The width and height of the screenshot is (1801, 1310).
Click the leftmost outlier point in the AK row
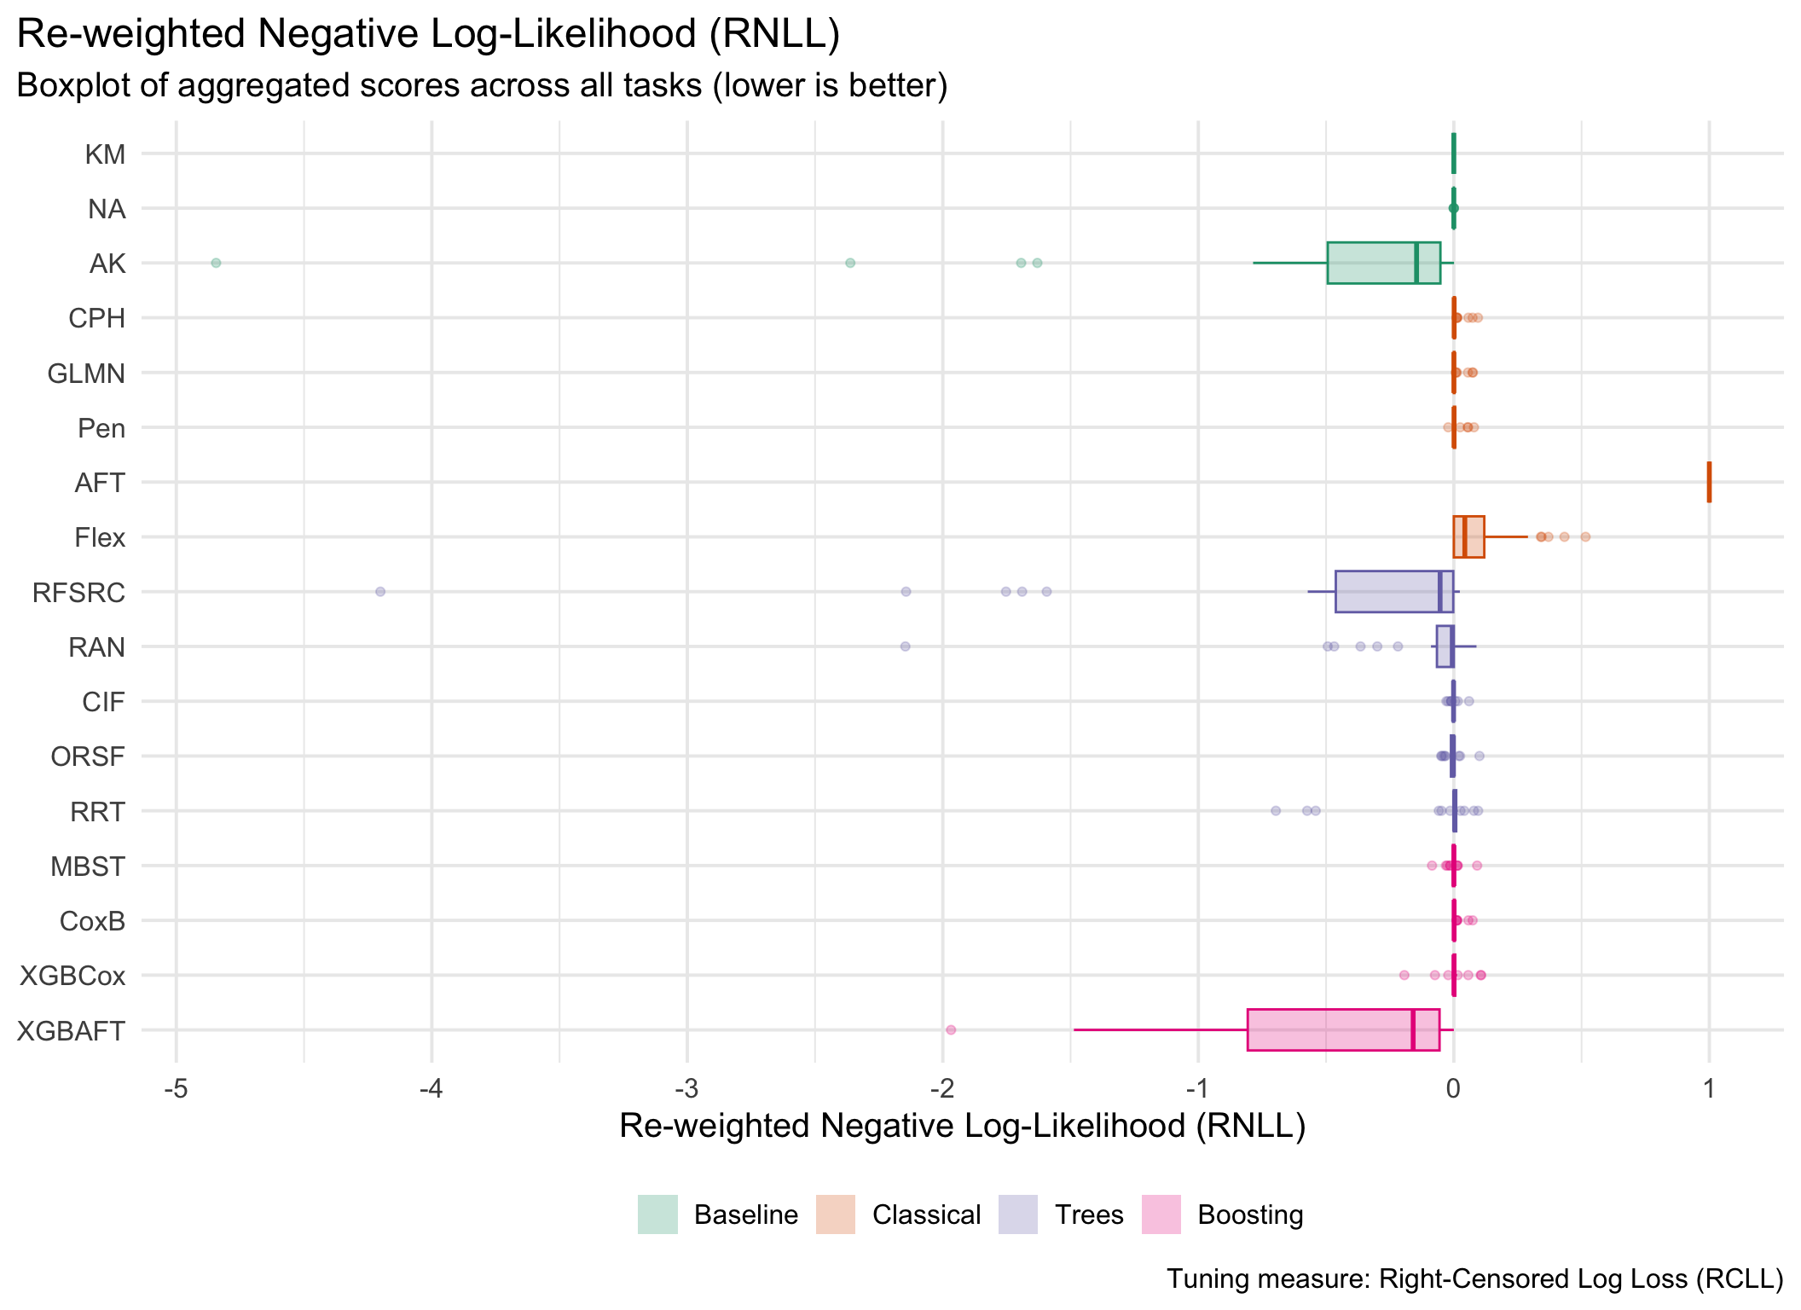(216, 263)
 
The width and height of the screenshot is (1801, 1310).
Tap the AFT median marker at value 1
(1709, 482)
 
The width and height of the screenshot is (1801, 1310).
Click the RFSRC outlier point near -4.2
(380, 592)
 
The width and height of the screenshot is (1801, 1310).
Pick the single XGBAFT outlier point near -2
(951, 1029)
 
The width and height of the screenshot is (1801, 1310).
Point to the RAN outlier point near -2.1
(905, 646)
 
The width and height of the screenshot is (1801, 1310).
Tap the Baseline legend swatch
(657, 1214)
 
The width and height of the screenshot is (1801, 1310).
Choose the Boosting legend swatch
(1161, 1214)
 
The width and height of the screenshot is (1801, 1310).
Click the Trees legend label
(1089, 1214)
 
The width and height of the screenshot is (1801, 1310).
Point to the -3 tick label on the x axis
(686, 1089)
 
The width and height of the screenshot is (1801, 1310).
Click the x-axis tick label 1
(1709, 1089)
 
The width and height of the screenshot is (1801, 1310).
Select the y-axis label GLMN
(86, 374)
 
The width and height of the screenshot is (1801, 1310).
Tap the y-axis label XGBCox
(72, 976)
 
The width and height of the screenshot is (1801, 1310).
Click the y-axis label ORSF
(88, 756)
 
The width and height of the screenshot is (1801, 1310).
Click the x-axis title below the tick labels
(962, 1126)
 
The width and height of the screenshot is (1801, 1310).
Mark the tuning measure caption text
(1474, 1278)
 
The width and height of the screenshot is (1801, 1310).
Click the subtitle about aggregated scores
(482, 85)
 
